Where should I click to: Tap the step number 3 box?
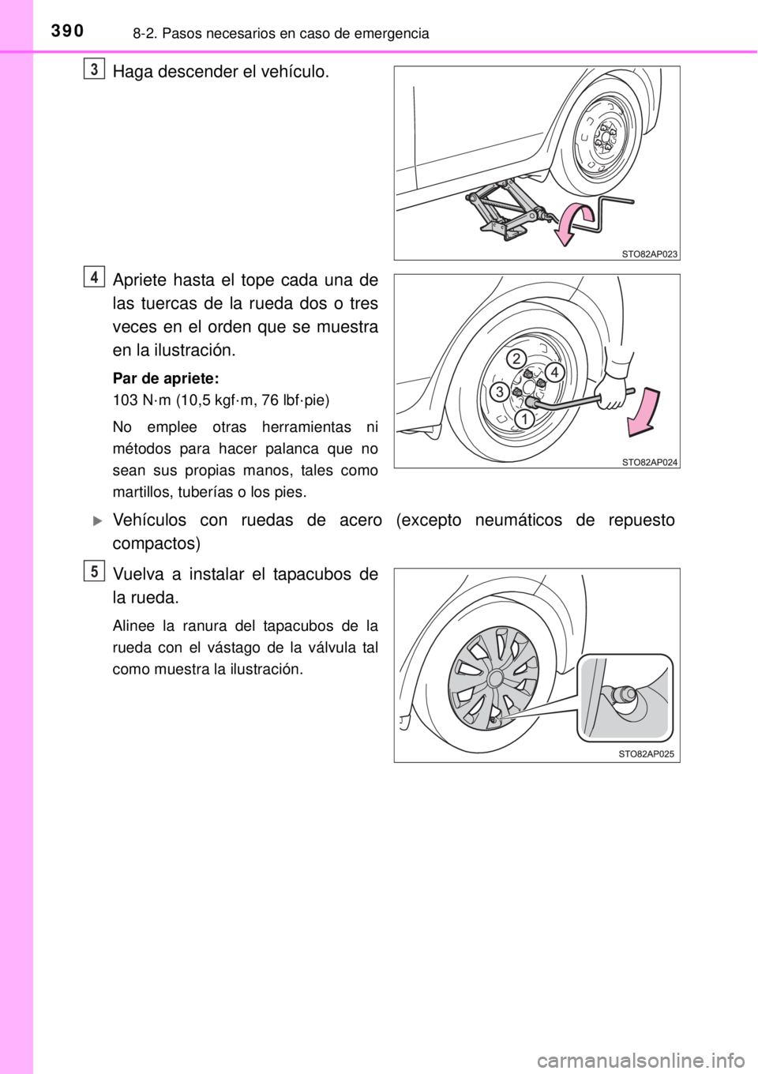tap(96, 69)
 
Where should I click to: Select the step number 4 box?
tap(96, 278)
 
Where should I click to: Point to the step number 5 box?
tap(96, 572)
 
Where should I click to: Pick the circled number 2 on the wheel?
tap(516, 359)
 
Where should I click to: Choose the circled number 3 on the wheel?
tap(499, 392)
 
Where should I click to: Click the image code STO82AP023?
tap(649, 254)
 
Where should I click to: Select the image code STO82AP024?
tap(649, 462)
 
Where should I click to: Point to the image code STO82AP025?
tap(646, 754)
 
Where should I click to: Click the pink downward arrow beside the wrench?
tap(643, 412)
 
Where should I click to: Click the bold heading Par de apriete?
tap(165, 379)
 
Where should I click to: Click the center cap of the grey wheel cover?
tap(495, 678)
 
